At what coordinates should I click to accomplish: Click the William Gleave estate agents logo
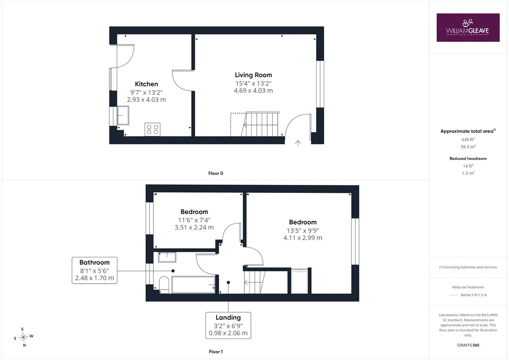[468, 27]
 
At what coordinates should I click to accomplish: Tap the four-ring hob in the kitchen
[152, 129]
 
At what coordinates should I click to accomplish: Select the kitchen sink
[123, 115]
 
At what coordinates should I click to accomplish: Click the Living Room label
[253, 75]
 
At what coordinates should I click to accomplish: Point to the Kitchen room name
[146, 84]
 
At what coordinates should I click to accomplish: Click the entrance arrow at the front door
[298, 143]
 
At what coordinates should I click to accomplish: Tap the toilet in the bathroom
[164, 285]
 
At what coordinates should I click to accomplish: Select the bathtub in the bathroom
[193, 285]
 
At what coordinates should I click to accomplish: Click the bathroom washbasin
[167, 257]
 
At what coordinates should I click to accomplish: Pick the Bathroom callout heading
[95, 263]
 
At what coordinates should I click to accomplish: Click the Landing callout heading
[228, 317]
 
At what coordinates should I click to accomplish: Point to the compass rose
[23, 337]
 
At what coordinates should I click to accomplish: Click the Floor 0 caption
[216, 173]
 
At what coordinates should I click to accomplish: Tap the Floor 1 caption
[216, 352]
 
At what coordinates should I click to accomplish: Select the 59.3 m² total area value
[468, 147]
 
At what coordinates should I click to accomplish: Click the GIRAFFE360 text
[468, 345]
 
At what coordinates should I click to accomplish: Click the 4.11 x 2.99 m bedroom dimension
[303, 238]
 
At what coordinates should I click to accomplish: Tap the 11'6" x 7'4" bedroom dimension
[194, 220]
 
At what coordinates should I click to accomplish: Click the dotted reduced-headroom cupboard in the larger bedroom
[299, 281]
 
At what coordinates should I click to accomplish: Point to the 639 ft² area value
[468, 140]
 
